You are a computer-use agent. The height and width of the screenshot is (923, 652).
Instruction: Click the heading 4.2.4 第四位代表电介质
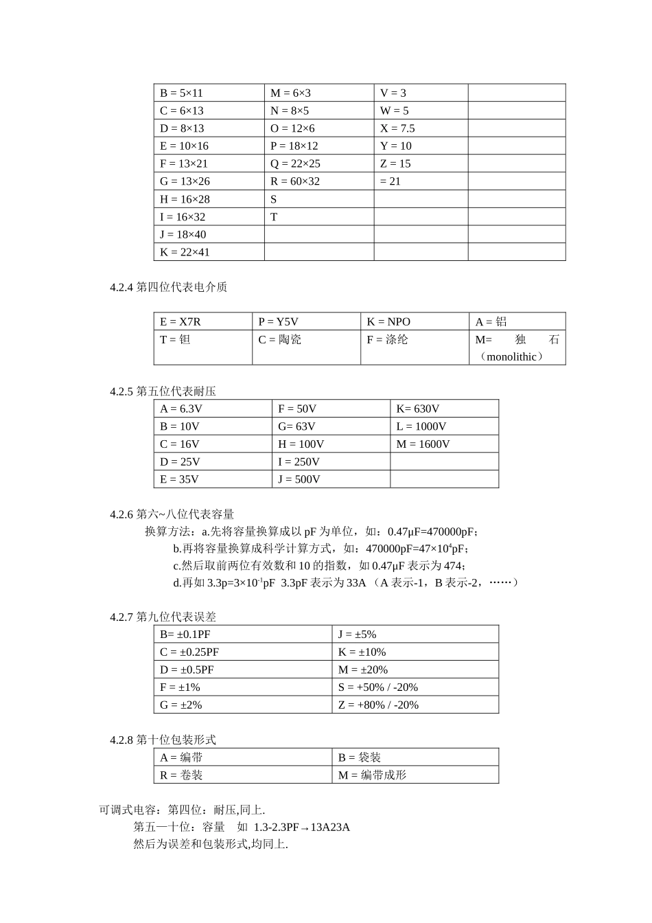pyautogui.click(x=168, y=287)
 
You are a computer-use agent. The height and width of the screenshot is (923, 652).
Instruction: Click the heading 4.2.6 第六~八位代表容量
pyautogui.click(x=172, y=514)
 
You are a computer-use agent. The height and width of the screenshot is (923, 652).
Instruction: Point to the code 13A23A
pyautogui.click(x=330, y=827)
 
